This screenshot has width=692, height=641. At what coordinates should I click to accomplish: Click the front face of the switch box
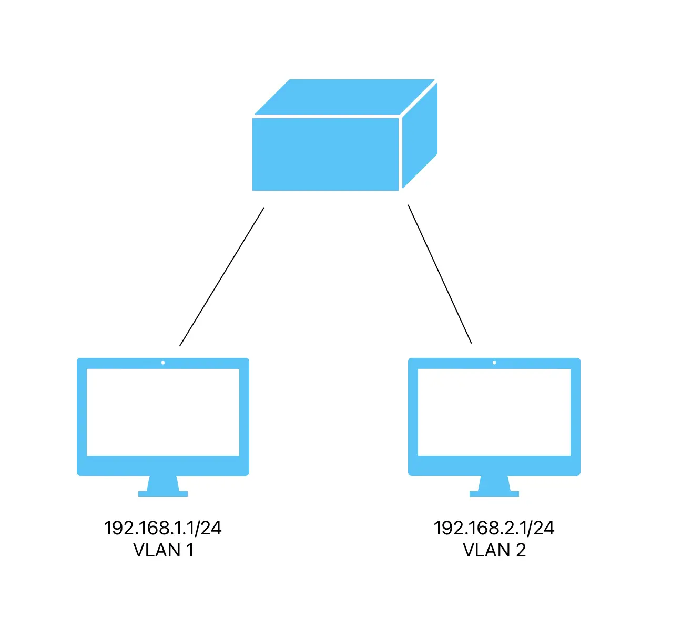tap(325, 154)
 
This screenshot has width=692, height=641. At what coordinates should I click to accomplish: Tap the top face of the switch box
tap(344, 97)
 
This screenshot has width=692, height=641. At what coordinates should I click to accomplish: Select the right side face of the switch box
tap(420, 136)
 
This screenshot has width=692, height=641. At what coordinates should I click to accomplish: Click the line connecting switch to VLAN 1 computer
tap(221, 277)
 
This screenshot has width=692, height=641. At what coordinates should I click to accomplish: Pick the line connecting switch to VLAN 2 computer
tap(440, 274)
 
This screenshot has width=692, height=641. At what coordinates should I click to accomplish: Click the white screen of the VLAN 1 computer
tap(163, 412)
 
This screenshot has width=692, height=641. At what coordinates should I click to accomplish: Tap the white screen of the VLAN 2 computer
tap(494, 412)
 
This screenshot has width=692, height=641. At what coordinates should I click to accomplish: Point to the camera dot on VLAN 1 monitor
tap(163, 363)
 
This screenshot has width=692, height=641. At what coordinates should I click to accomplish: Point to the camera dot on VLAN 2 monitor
tap(494, 363)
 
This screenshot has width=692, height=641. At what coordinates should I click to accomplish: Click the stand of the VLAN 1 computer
tap(163, 486)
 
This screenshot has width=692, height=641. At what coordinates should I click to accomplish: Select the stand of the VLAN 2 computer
tap(494, 486)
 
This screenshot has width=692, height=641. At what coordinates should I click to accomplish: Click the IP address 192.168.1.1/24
tap(163, 528)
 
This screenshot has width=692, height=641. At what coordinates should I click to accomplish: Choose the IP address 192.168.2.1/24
tap(494, 528)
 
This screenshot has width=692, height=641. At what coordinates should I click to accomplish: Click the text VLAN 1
tap(163, 550)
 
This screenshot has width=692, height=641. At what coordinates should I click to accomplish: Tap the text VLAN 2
tap(494, 550)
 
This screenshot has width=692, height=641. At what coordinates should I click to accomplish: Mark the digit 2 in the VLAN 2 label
tap(520, 550)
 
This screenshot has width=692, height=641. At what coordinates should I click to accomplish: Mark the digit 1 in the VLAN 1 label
tap(189, 550)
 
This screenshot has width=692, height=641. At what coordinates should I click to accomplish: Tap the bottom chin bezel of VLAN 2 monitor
tap(494, 466)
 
